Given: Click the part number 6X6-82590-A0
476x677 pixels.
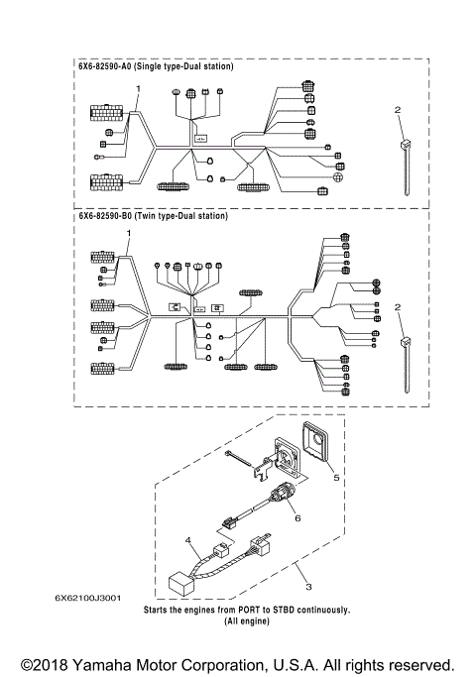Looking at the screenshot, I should pyautogui.click(x=108, y=67).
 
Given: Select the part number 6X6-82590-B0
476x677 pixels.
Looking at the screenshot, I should pyautogui.click(x=108, y=215).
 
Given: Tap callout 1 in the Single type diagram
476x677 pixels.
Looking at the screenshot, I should pyautogui.click(x=139, y=88).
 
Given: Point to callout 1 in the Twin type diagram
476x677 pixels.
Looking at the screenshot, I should pyautogui.click(x=128, y=232).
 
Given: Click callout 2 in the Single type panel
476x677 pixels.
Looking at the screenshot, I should pyautogui.click(x=399, y=109).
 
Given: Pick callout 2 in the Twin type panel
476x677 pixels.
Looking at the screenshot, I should pyautogui.click(x=399, y=308).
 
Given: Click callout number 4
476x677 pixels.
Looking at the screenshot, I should pyautogui.click(x=187, y=538).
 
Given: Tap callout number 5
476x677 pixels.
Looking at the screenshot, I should pyautogui.click(x=336, y=477).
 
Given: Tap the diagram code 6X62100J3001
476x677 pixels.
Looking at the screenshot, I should pyautogui.click(x=88, y=598).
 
